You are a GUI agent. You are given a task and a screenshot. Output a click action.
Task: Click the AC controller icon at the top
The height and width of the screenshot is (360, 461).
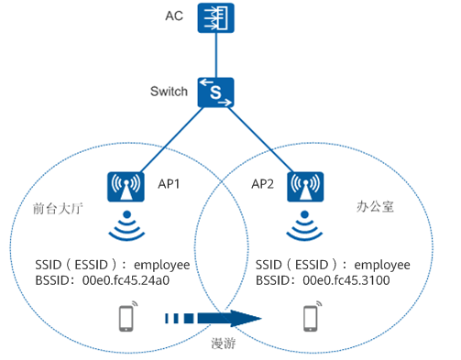tap(215, 20)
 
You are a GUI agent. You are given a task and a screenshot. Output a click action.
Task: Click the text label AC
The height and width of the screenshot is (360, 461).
tap(174, 17)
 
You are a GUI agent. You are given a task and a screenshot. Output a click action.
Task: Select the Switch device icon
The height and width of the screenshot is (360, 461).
tap(216, 92)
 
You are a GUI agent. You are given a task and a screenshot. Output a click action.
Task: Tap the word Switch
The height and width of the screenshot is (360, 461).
tap(169, 92)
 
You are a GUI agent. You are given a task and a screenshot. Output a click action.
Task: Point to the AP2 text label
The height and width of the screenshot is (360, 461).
tap(265, 183)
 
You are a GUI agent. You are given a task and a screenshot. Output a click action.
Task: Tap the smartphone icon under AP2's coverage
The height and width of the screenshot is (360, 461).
tap(310, 318)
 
